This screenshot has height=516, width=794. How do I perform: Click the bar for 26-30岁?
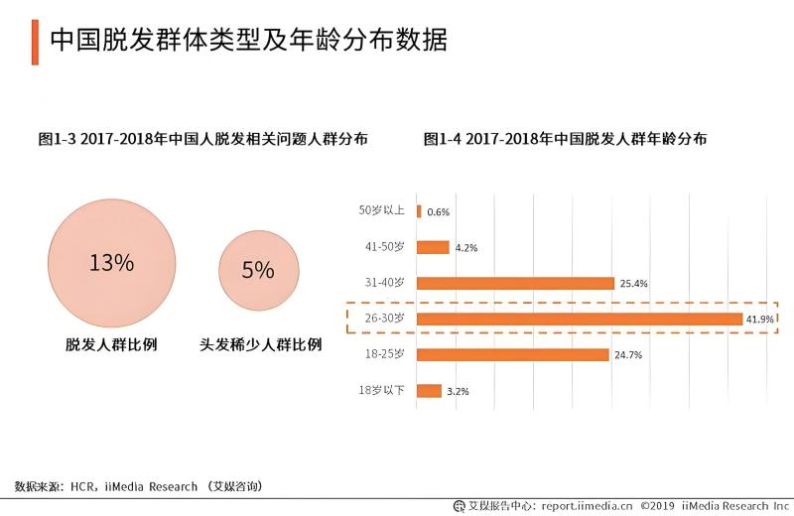pos(580,319)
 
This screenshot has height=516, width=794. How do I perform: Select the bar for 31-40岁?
pos(516,283)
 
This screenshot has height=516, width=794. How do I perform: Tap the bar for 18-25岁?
pos(513,354)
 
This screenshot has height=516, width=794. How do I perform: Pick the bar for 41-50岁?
pos(434,247)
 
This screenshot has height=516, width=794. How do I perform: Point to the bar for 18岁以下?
pos(430,390)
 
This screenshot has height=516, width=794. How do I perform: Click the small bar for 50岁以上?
pos(420,211)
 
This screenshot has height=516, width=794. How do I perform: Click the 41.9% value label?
pos(760,319)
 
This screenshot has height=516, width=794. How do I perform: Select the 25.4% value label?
pos(633,284)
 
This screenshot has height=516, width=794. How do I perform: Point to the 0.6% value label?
pos(439,212)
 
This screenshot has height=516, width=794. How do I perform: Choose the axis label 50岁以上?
pos(382,210)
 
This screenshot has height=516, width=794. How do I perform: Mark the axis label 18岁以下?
pos(382,390)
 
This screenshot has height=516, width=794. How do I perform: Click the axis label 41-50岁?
pos(385,246)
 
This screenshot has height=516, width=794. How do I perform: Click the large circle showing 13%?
pos(111,263)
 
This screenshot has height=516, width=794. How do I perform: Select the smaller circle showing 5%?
pos(258,269)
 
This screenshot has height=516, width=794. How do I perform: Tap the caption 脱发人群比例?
pos(111,344)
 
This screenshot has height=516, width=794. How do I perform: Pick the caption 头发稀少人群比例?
pos(261,344)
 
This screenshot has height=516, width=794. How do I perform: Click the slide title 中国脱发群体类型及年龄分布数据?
pos(248,40)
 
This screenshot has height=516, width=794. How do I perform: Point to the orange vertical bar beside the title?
pos(35,40)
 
